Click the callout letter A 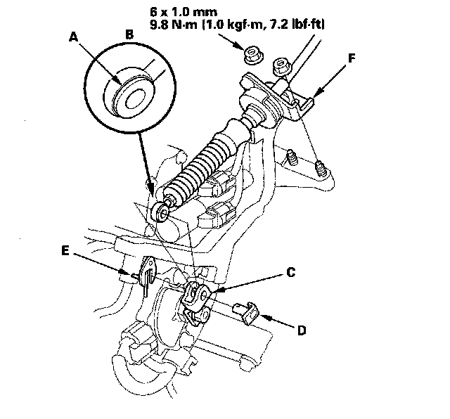point(74,37)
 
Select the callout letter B point(129,34)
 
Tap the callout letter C point(290,272)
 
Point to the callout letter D point(302,330)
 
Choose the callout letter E point(65,250)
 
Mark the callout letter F point(352,58)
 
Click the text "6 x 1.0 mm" point(184,12)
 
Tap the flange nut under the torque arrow point(253,56)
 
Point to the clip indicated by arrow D point(247,314)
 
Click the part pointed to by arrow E point(147,273)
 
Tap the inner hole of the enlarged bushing point(134,98)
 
